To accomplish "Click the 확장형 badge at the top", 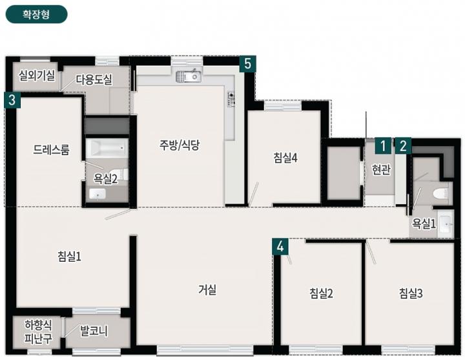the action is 36,14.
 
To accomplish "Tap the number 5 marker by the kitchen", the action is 247,63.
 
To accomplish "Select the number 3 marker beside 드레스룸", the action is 12,100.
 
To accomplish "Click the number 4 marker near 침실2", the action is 280,246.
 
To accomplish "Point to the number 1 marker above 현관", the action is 383,146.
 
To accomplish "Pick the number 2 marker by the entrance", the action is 403,146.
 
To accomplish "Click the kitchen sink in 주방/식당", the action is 189,76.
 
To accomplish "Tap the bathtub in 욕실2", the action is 107,148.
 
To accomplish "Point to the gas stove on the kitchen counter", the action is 231,99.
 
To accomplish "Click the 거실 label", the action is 207,290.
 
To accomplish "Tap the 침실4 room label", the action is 285,158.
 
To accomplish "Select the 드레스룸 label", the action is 51,149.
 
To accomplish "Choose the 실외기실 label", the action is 37,76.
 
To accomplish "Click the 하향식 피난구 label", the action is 38,332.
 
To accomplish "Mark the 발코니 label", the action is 94,331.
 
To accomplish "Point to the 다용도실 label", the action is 94,79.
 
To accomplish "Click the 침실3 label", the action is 411,293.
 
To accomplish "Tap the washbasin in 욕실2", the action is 98,193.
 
